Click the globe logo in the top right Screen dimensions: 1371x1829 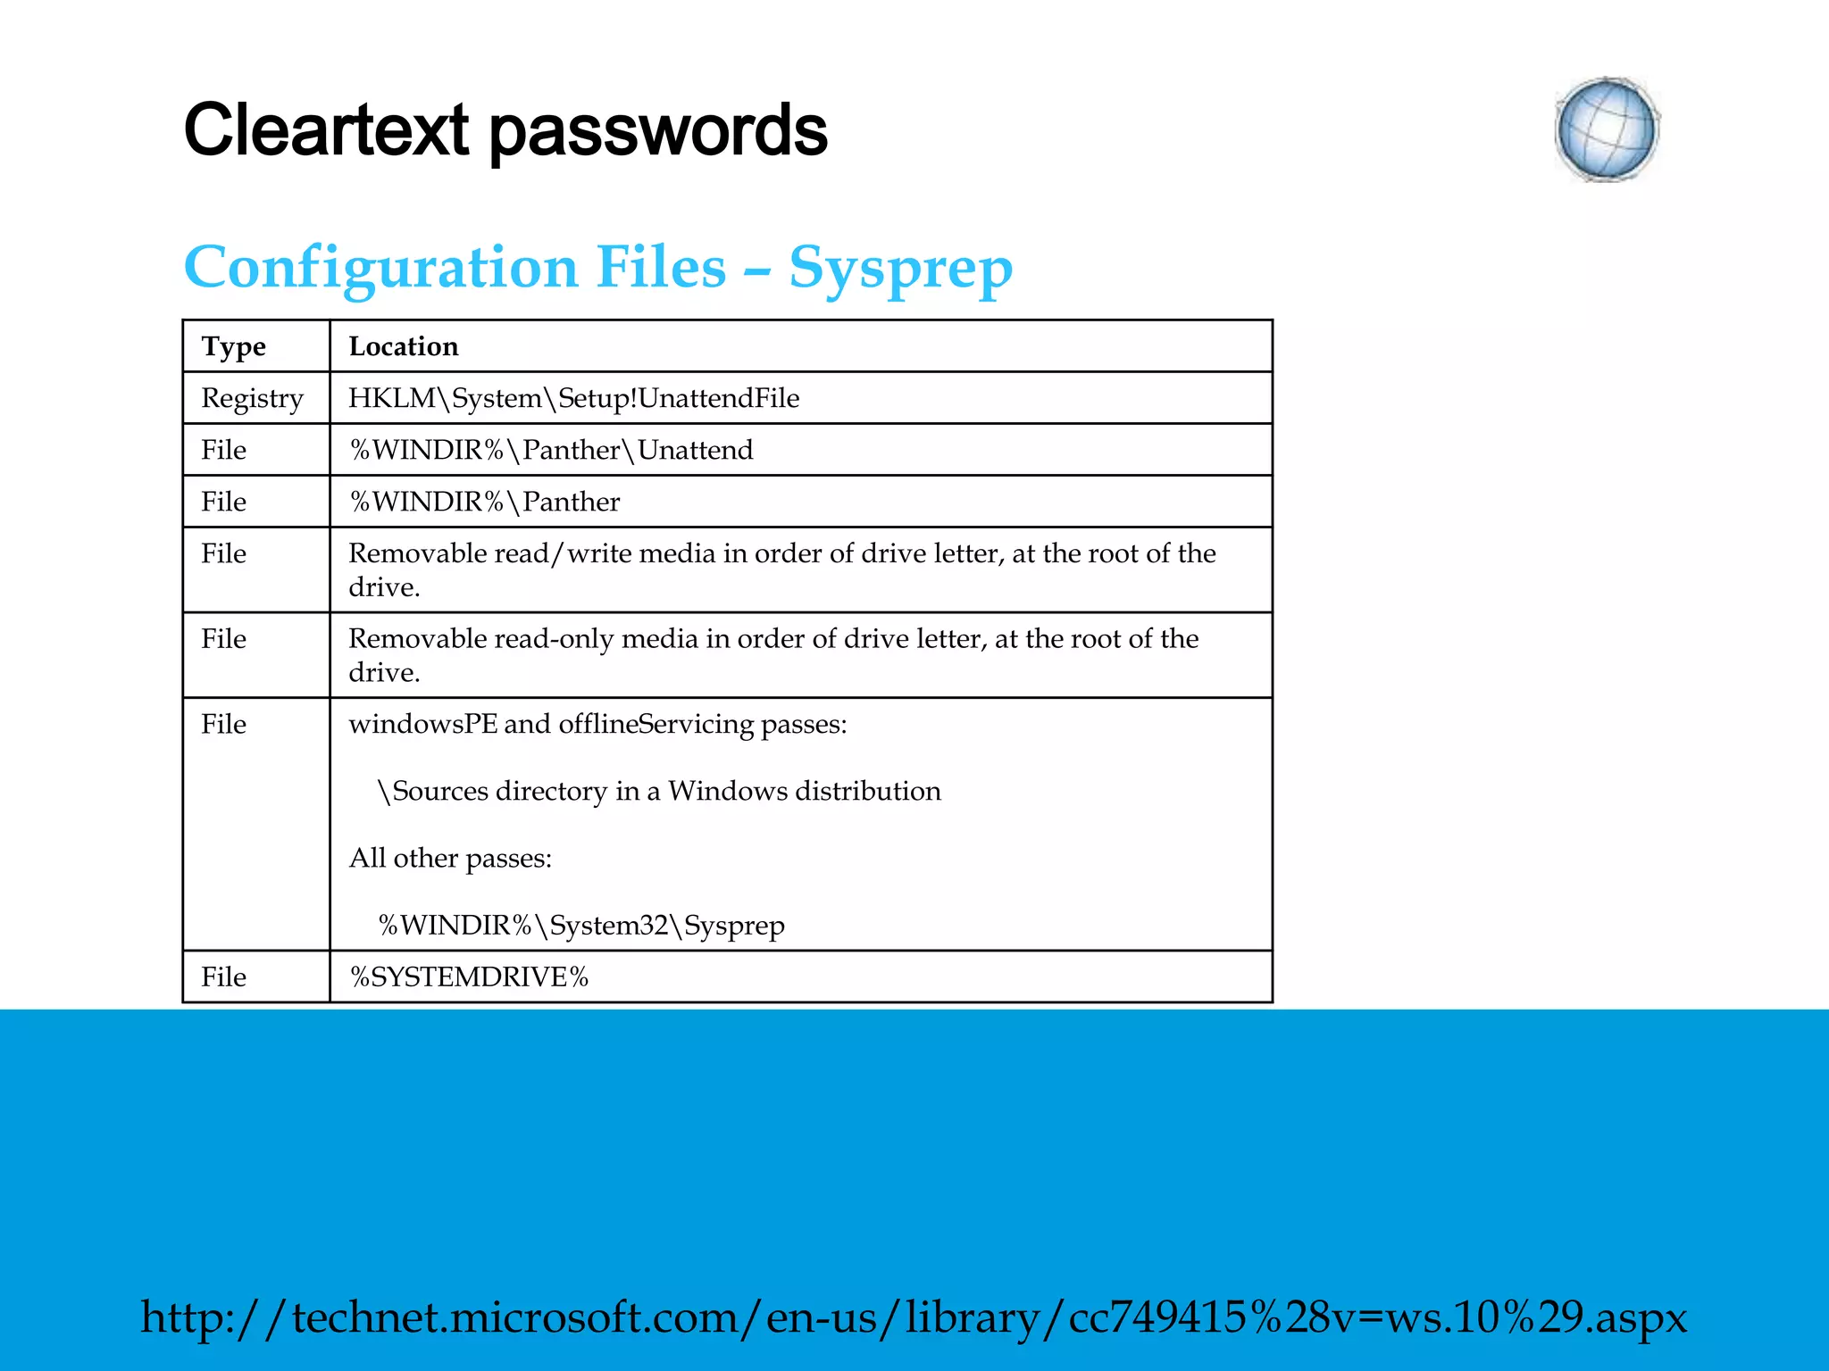(1607, 130)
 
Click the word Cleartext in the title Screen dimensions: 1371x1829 (326, 130)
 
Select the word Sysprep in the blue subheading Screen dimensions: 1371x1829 (900, 268)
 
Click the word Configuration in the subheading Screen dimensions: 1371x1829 (380, 268)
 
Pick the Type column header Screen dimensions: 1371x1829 (233, 346)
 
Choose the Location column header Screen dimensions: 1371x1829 (403, 346)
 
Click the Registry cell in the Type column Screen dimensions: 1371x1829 (252, 398)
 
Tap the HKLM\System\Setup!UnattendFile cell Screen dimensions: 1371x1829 (573, 398)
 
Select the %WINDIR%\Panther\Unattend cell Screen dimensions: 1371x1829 (551, 450)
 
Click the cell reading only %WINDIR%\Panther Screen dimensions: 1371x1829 (484, 502)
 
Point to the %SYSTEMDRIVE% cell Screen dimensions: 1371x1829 (469, 976)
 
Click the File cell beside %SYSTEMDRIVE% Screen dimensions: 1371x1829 (223, 976)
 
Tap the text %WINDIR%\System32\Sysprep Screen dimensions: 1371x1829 (581, 926)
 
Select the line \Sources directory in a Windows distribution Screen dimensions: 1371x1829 (659, 791)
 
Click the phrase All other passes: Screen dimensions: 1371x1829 (450, 858)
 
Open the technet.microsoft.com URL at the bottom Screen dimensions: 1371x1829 (914, 1317)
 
